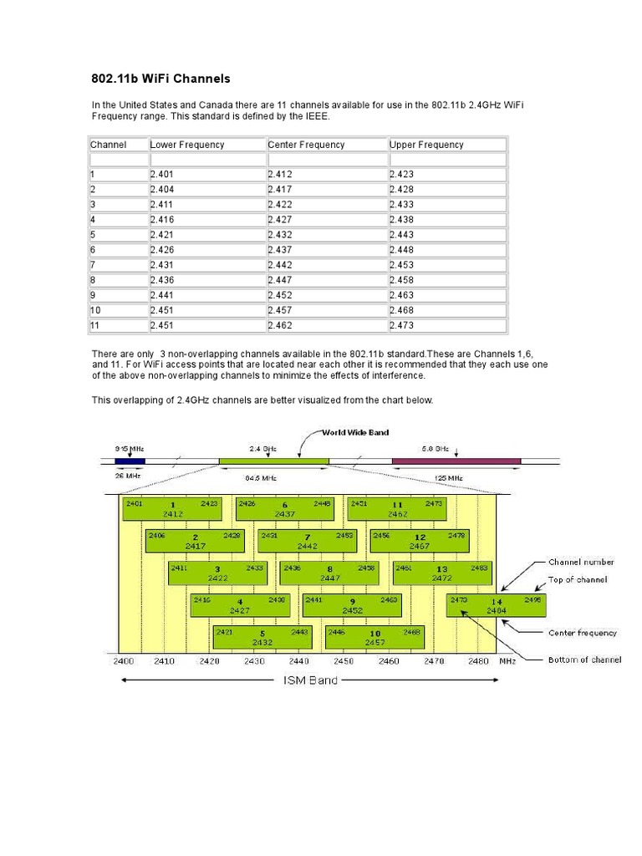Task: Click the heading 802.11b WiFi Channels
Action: pyautogui.click(x=160, y=79)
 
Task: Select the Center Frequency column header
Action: pyautogui.click(x=306, y=145)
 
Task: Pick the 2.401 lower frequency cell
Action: pyautogui.click(x=161, y=175)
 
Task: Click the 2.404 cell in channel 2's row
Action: pyautogui.click(x=161, y=190)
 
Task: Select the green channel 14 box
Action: pyautogui.click(x=497, y=604)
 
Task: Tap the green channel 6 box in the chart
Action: pyautogui.click(x=284, y=509)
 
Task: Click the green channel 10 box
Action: pyautogui.click(x=375, y=638)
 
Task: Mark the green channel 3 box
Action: pyautogui.click(x=217, y=573)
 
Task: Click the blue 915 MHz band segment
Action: pyautogui.click(x=130, y=461)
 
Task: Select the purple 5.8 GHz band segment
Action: pyautogui.click(x=456, y=461)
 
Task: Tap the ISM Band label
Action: pyautogui.click(x=308, y=680)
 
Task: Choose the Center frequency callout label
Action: pyautogui.click(x=583, y=633)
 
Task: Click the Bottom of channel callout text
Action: pyautogui.click(x=584, y=660)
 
